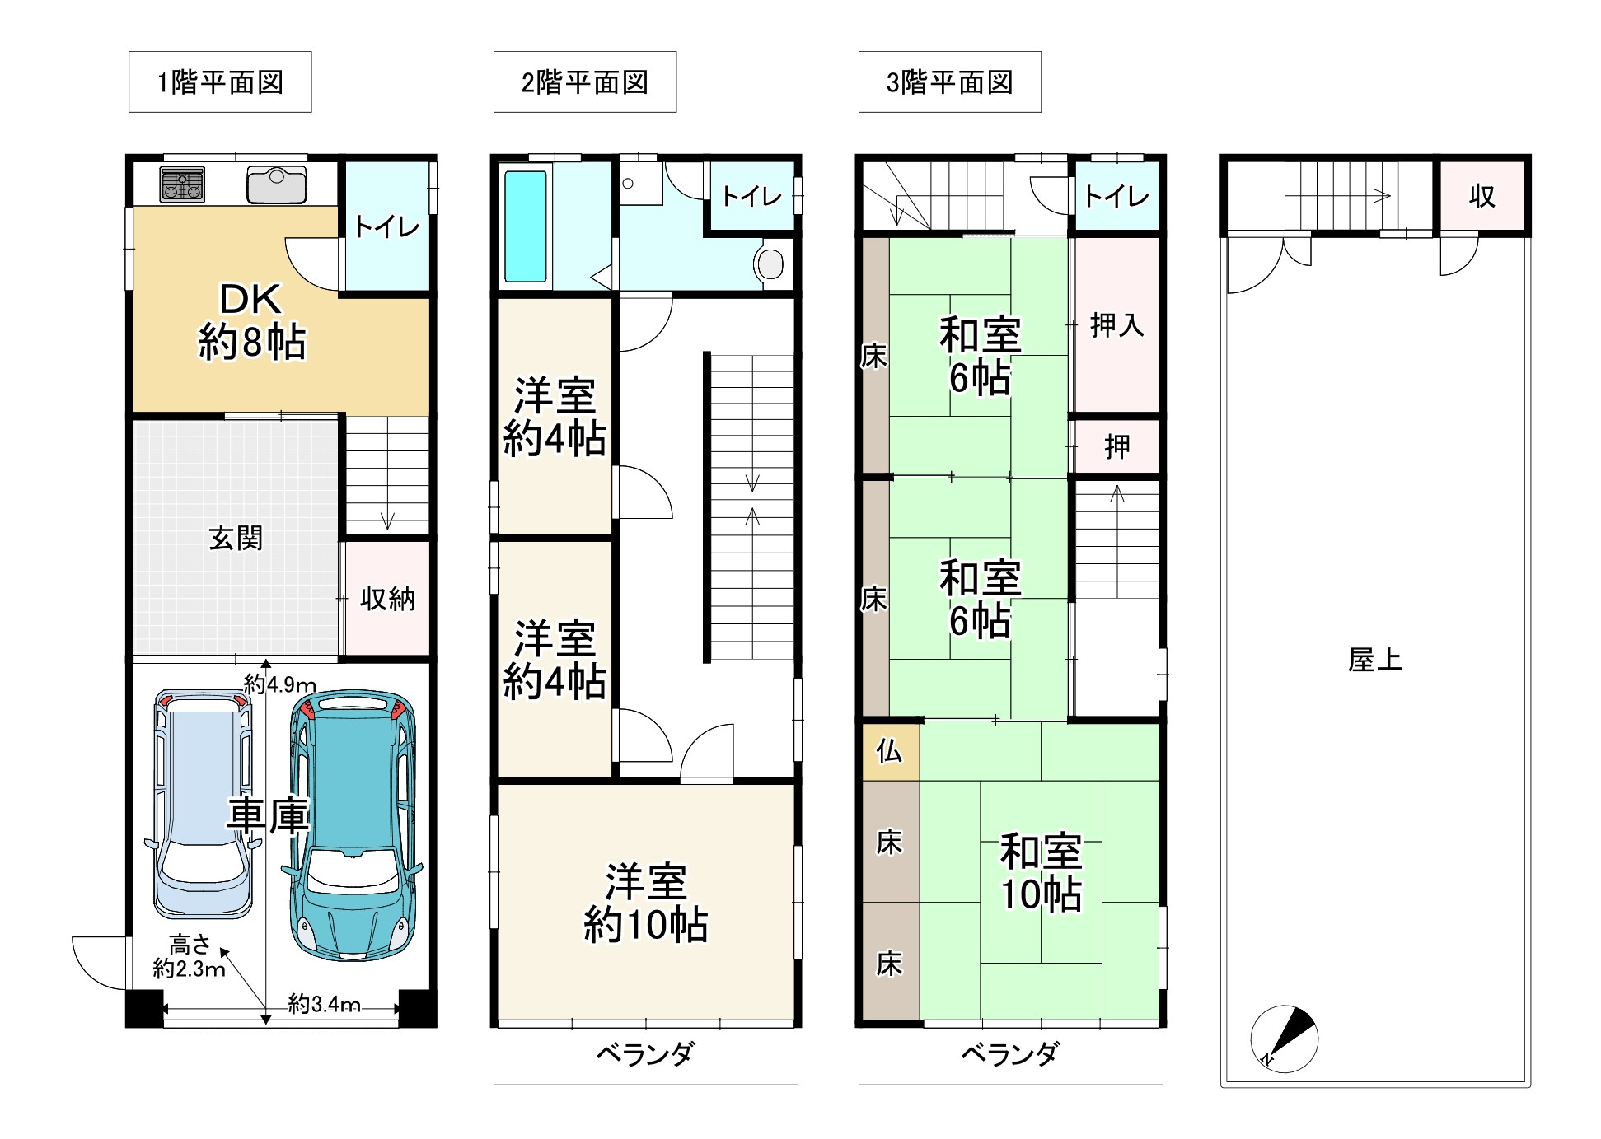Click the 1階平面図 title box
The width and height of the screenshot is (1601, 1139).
tap(220, 82)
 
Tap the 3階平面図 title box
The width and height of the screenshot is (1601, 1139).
tap(949, 82)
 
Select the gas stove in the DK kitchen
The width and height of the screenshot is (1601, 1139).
tap(182, 184)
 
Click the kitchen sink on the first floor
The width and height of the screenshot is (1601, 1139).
tap(277, 184)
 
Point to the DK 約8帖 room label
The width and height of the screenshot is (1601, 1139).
tap(252, 321)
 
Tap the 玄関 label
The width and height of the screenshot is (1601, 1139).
tap(236, 539)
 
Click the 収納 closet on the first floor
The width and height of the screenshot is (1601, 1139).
tap(387, 598)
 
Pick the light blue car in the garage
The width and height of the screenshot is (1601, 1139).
tap(203, 804)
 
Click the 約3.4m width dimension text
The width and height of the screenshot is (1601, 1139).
tap(325, 1004)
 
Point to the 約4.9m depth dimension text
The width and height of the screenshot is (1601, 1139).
tap(280, 684)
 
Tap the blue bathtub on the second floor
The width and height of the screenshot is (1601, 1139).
tap(525, 226)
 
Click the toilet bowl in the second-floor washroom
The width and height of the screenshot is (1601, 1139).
tap(770, 264)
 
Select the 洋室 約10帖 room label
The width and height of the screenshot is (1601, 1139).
tap(646, 903)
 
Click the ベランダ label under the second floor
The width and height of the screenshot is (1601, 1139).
tap(645, 1053)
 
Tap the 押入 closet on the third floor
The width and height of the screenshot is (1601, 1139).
tap(1117, 325)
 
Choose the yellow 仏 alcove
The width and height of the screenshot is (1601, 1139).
tap(890, 751)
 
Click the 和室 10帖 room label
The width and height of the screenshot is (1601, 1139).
tap(1041, 873)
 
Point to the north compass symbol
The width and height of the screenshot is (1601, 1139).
tap(1284, 1039)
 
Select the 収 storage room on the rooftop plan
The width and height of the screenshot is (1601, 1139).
tap(1482, 196)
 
